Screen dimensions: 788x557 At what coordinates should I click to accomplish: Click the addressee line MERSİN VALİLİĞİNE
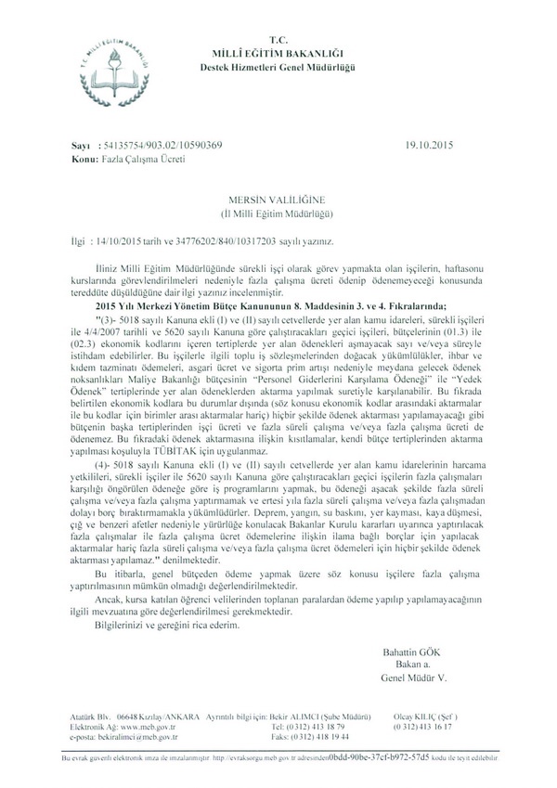coord(278,200)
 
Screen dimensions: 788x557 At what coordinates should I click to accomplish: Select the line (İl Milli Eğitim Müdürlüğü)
coord(278,213)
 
